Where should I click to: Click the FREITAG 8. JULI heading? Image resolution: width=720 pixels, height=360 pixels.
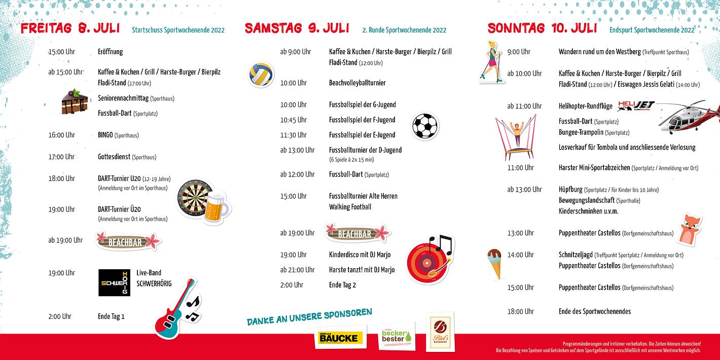click(70, 28)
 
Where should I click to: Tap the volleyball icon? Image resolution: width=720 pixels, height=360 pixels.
click(261, 75)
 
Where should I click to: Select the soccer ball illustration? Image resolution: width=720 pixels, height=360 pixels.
click(424, 126)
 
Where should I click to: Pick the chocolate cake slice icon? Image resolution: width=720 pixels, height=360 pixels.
click(71, 101)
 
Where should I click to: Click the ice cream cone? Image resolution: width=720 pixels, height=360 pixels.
click(494, 263)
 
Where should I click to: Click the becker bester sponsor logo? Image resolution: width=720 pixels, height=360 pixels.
click(398, 336)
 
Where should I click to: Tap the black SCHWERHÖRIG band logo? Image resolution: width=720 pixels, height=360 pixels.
click(114, 283)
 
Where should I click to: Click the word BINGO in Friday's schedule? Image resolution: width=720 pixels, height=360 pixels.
click(105, 135)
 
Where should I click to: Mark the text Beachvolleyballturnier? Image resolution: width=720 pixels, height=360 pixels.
click(357, 83)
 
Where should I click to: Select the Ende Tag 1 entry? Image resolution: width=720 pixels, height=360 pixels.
click(111, 316)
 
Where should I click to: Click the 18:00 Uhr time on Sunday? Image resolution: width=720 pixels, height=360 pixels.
click(520, 311)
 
